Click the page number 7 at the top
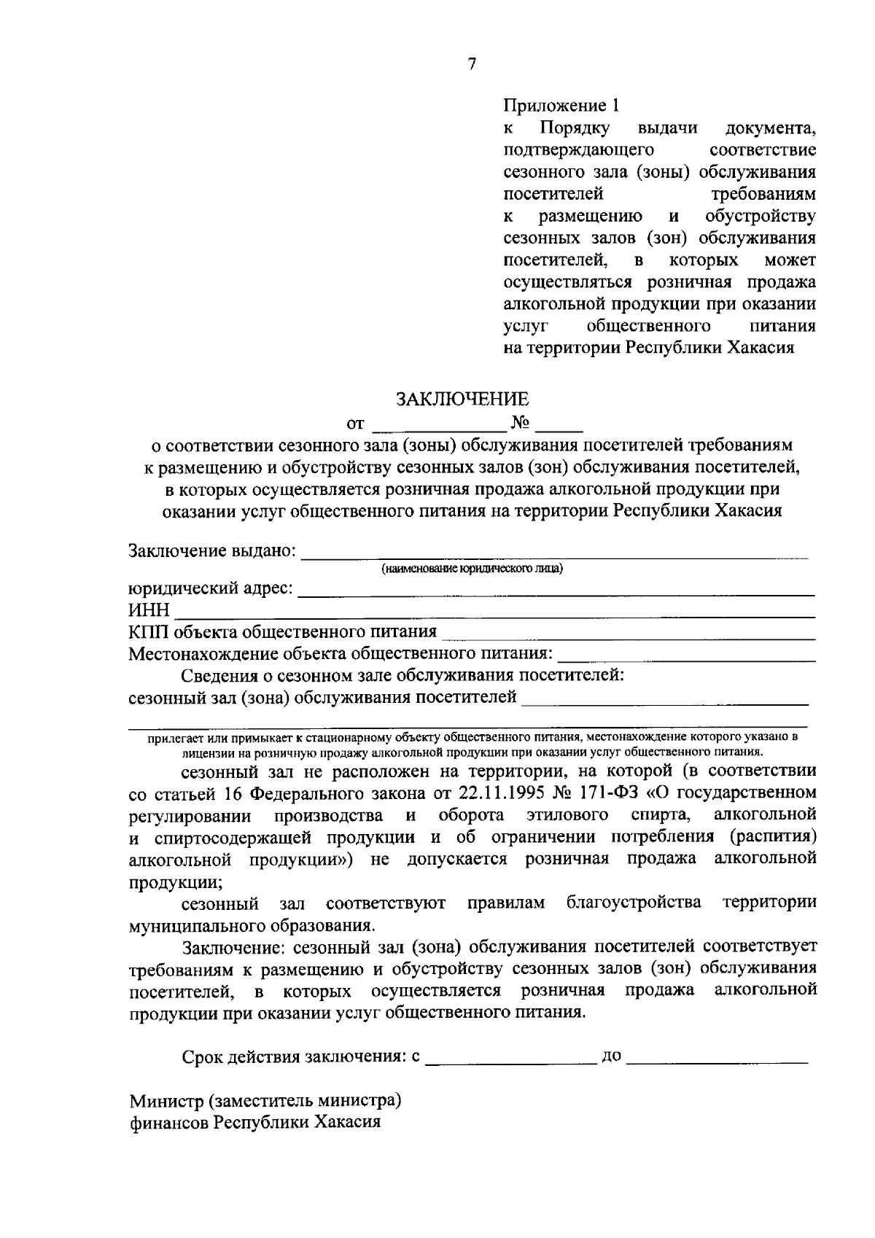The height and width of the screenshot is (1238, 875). click(x=471, y=64)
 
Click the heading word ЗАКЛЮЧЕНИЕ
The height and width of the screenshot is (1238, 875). click(x=462, y=399)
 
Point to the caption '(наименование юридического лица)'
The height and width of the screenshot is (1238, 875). click(x=472, y=569)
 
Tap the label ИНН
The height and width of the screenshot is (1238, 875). click(x=149, y=610)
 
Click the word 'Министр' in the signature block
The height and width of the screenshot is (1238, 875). click(x=166, y=1099)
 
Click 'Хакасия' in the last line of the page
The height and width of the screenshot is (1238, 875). click(x=348, y=1121)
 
